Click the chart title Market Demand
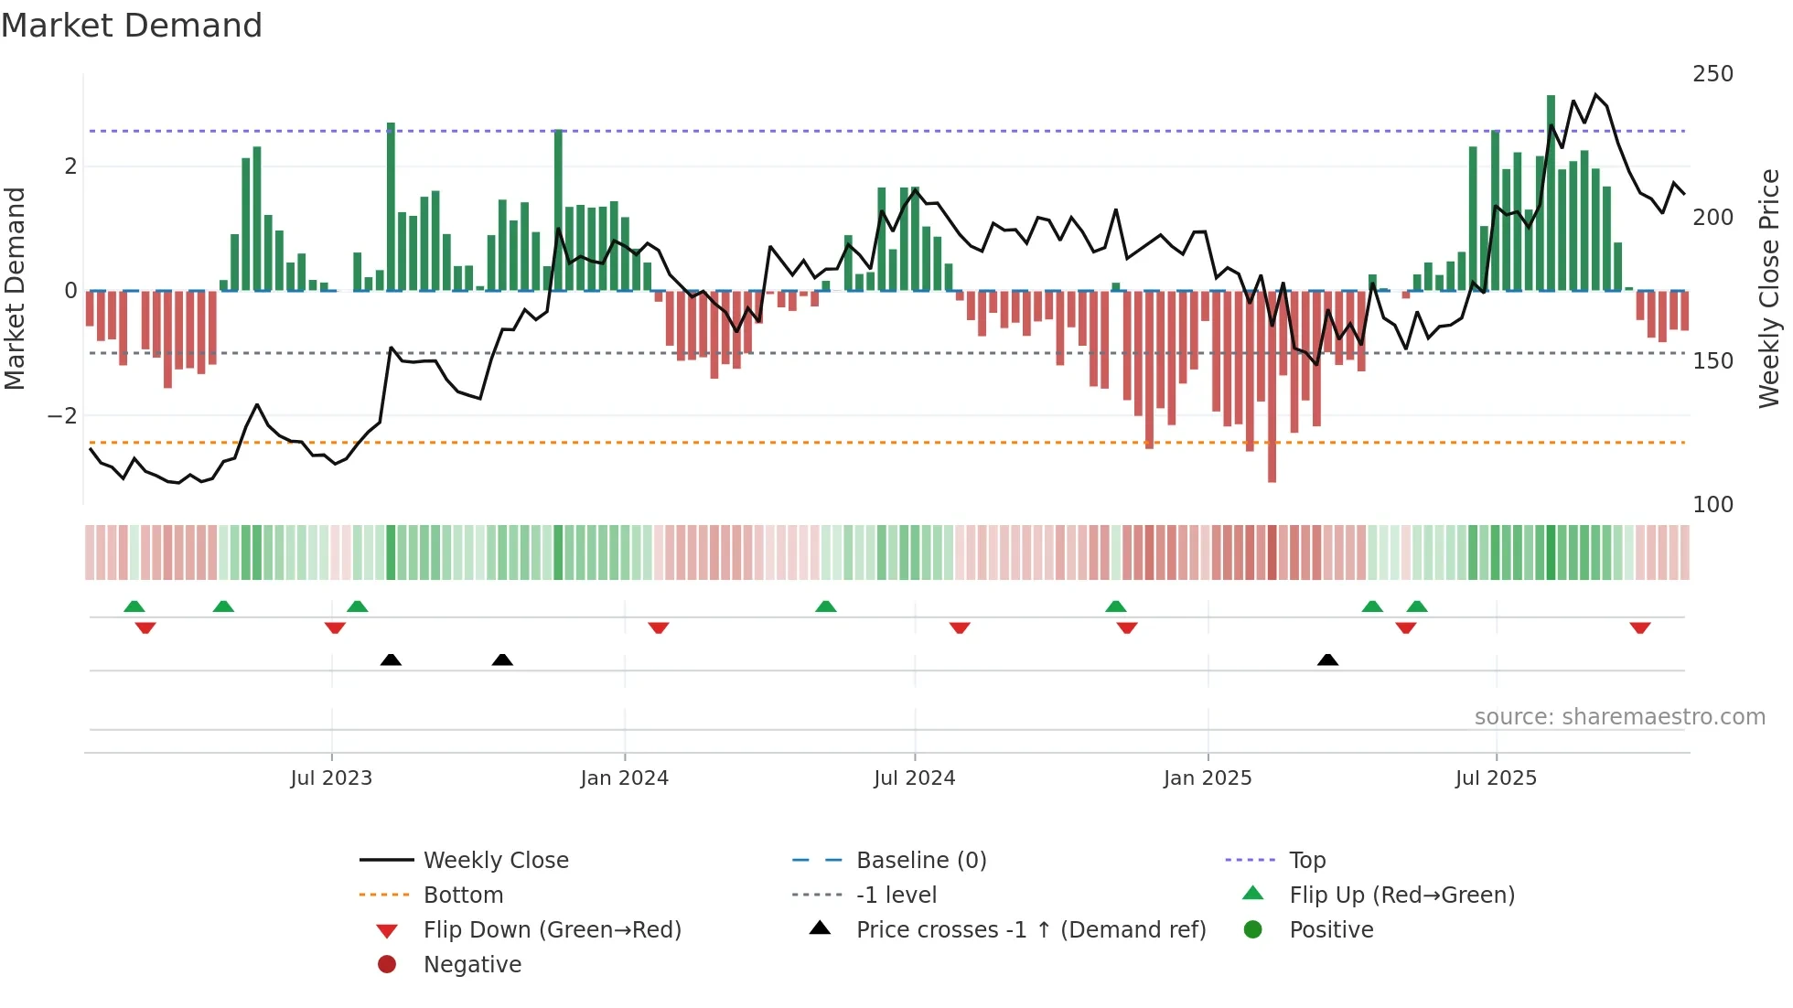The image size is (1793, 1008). coord(132,26)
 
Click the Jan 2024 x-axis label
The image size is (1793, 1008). coord(624,778)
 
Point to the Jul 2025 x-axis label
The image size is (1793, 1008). coord(1496,778)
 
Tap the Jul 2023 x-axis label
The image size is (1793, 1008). coord(331,778)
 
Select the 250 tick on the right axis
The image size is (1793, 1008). coord(1712,74)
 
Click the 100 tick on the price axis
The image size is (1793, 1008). coord(1712,505)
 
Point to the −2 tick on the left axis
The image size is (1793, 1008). coord(62,416)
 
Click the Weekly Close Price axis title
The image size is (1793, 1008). coord(1769,288)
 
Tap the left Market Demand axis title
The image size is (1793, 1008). coord(16,288)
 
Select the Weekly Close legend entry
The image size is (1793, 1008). coord(495,861)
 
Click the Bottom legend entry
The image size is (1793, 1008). coord(463,895)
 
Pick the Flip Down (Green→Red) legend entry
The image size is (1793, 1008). coord(552,930)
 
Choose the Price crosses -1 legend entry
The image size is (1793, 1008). coord(1030,930)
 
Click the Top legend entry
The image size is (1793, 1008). coord(1307,861)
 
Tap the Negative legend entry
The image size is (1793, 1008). coord(472,965)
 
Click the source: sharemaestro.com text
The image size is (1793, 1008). coord(1619,717)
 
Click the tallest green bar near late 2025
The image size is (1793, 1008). coord(1551,192)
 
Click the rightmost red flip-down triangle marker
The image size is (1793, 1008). coord(1639,628)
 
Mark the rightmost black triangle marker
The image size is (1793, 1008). coord(1327,659)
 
